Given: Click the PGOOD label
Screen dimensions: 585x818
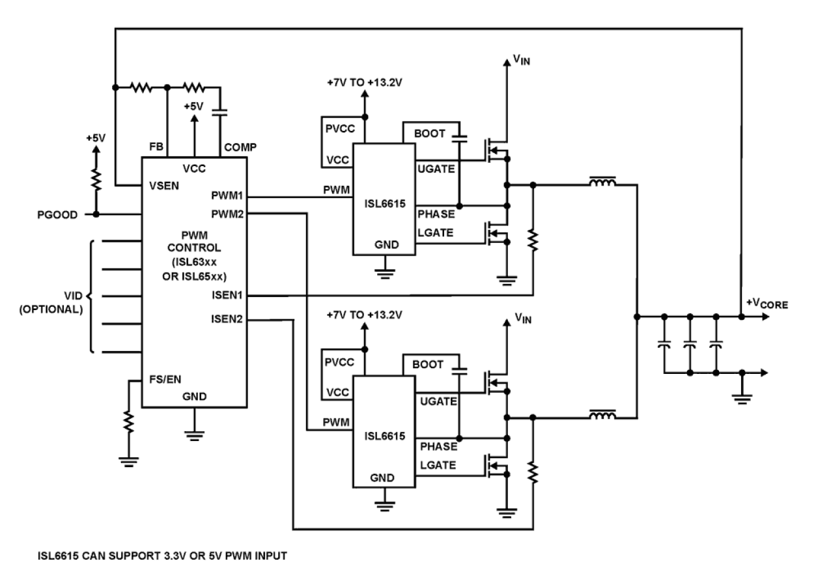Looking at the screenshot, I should pos(57,214).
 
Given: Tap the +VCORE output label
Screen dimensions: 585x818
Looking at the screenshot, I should pos(767,304).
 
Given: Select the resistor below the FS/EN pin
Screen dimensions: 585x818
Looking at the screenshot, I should pos(128,422).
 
